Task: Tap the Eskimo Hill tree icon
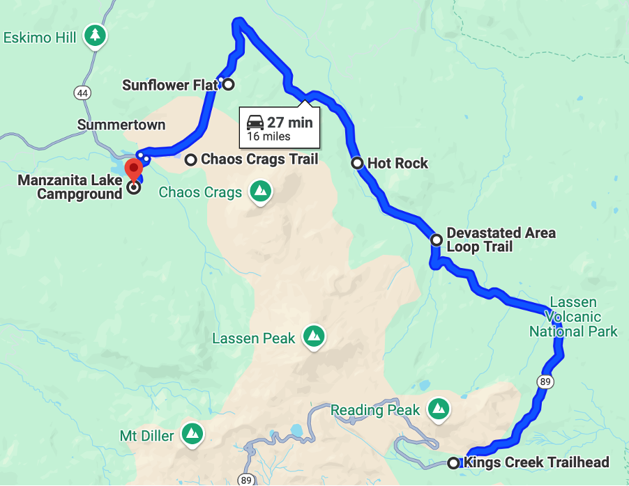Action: (x=95, y=36)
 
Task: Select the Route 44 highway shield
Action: (x=82, y=92)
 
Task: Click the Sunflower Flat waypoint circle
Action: (x=227, y=85)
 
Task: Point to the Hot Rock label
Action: (x=397, y=164)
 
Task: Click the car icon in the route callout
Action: (x=255, y=123)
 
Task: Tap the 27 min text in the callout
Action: (x=289, y=123)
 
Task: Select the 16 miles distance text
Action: (x=268, y=136)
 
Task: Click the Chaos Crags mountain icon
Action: (x=260, y=191)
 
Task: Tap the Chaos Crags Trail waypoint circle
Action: (x=190, y=159)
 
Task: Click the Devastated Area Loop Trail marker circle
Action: (x=437, y=240)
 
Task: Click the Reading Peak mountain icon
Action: (x=438, y=410)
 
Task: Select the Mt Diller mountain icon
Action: (x=191, y=436)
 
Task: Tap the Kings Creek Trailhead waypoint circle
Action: (x=453, y=462)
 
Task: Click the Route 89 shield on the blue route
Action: (x=545, y=381)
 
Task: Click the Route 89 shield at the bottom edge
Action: (x=245, y=479)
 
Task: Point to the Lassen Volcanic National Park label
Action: (x=573, y=317)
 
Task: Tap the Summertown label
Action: (x=121, y=125)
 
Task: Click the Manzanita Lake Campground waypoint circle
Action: (x=134, y=187)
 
